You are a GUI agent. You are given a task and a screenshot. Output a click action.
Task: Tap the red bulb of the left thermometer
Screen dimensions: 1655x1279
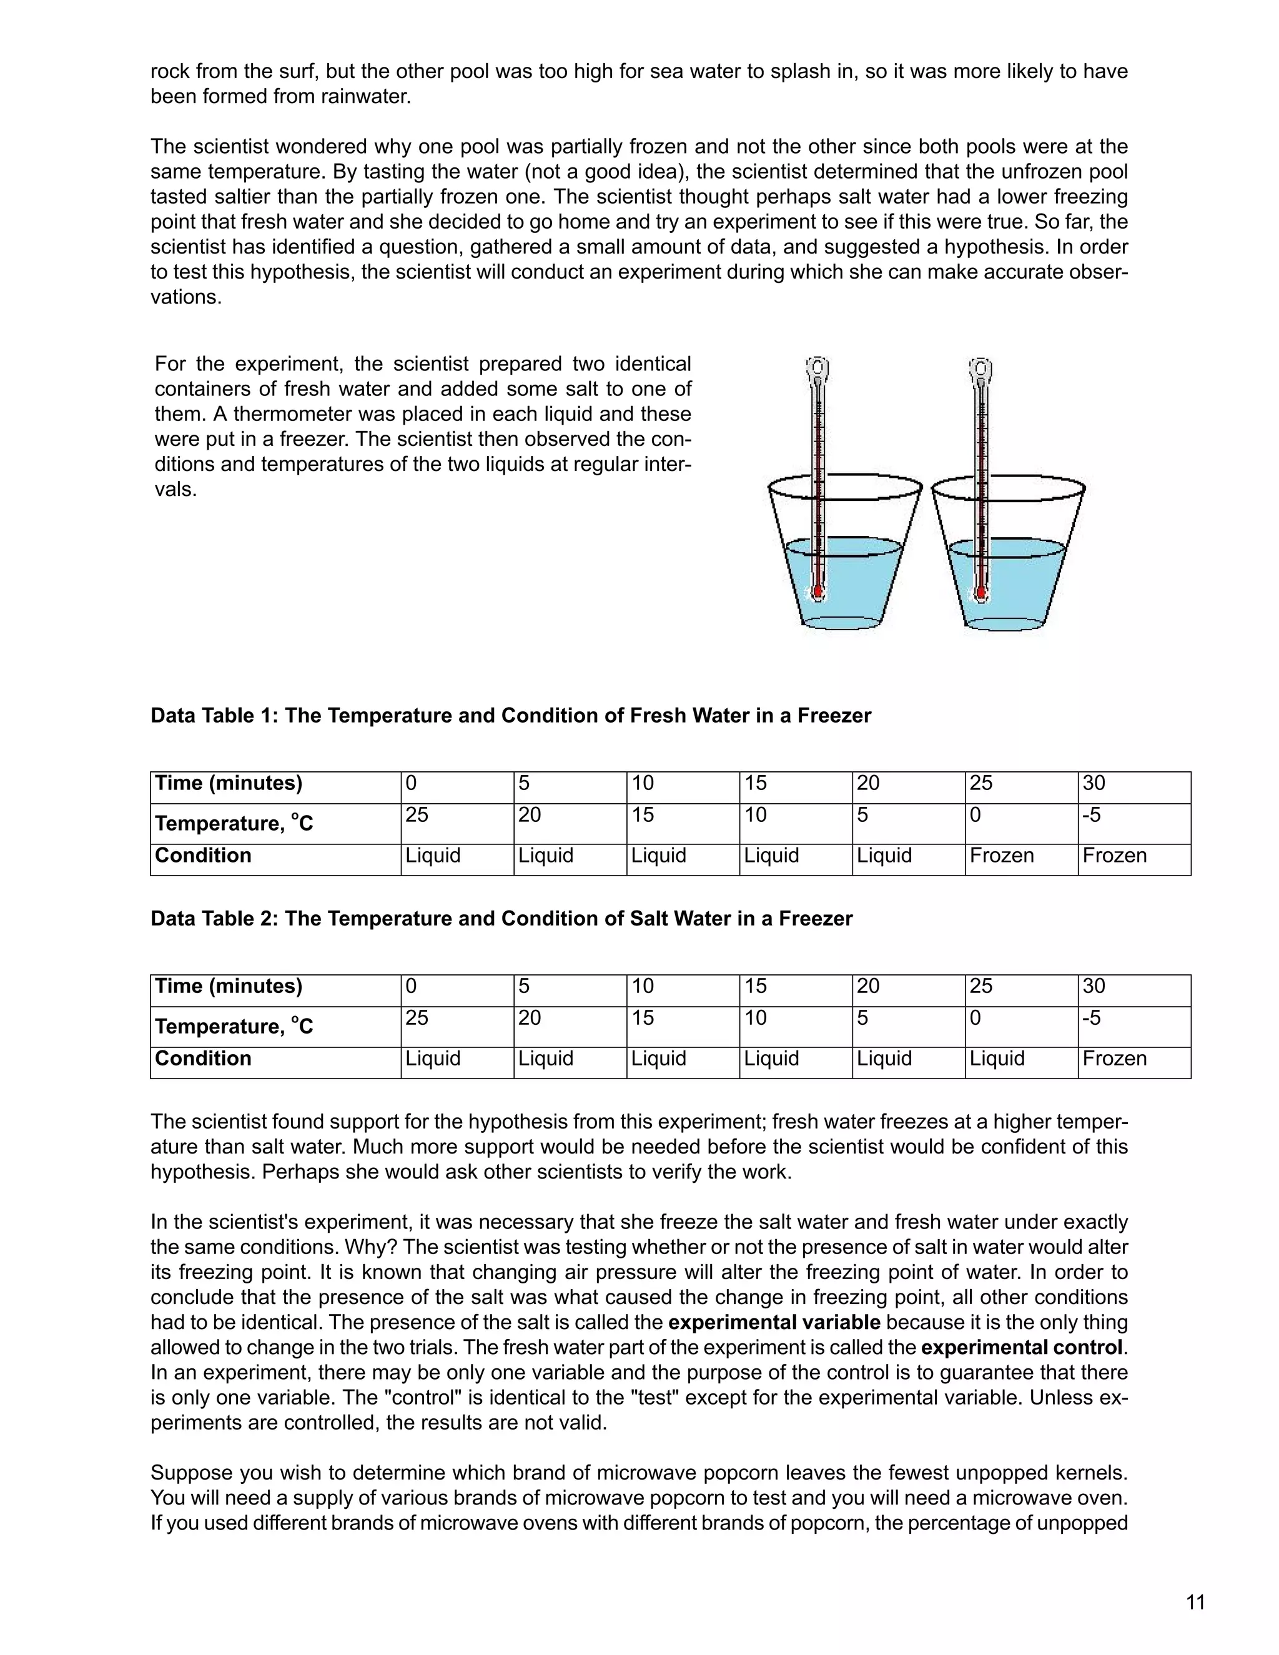pyautogui.click(x=817, y=591)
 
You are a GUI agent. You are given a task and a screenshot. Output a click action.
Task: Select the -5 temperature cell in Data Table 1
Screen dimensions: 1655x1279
pyautogui.click(x=1133, y=824)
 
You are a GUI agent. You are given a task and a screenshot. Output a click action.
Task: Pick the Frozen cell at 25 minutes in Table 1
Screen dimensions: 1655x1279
pyautogui.click(x=1020, y=859)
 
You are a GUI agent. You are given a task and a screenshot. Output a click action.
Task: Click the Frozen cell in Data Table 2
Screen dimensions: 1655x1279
pyautogui.click(x=1133, y=1062)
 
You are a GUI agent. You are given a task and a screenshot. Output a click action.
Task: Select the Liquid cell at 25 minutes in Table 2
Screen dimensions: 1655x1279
pyautogui.click(x=1020, y=1062)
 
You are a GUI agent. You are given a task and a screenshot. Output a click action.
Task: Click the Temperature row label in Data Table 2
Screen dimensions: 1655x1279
pyautogui.click(x=234, y=1026)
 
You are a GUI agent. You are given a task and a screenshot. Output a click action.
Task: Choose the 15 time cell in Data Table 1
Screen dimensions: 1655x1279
pyautogui.click(x=795, y=788)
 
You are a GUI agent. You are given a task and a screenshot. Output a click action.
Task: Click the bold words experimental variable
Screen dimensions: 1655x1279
pyautogui.click(x=774, y=1322)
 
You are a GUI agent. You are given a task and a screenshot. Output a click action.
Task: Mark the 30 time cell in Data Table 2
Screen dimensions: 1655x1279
pyautogui.click(x=1133, y=991)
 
